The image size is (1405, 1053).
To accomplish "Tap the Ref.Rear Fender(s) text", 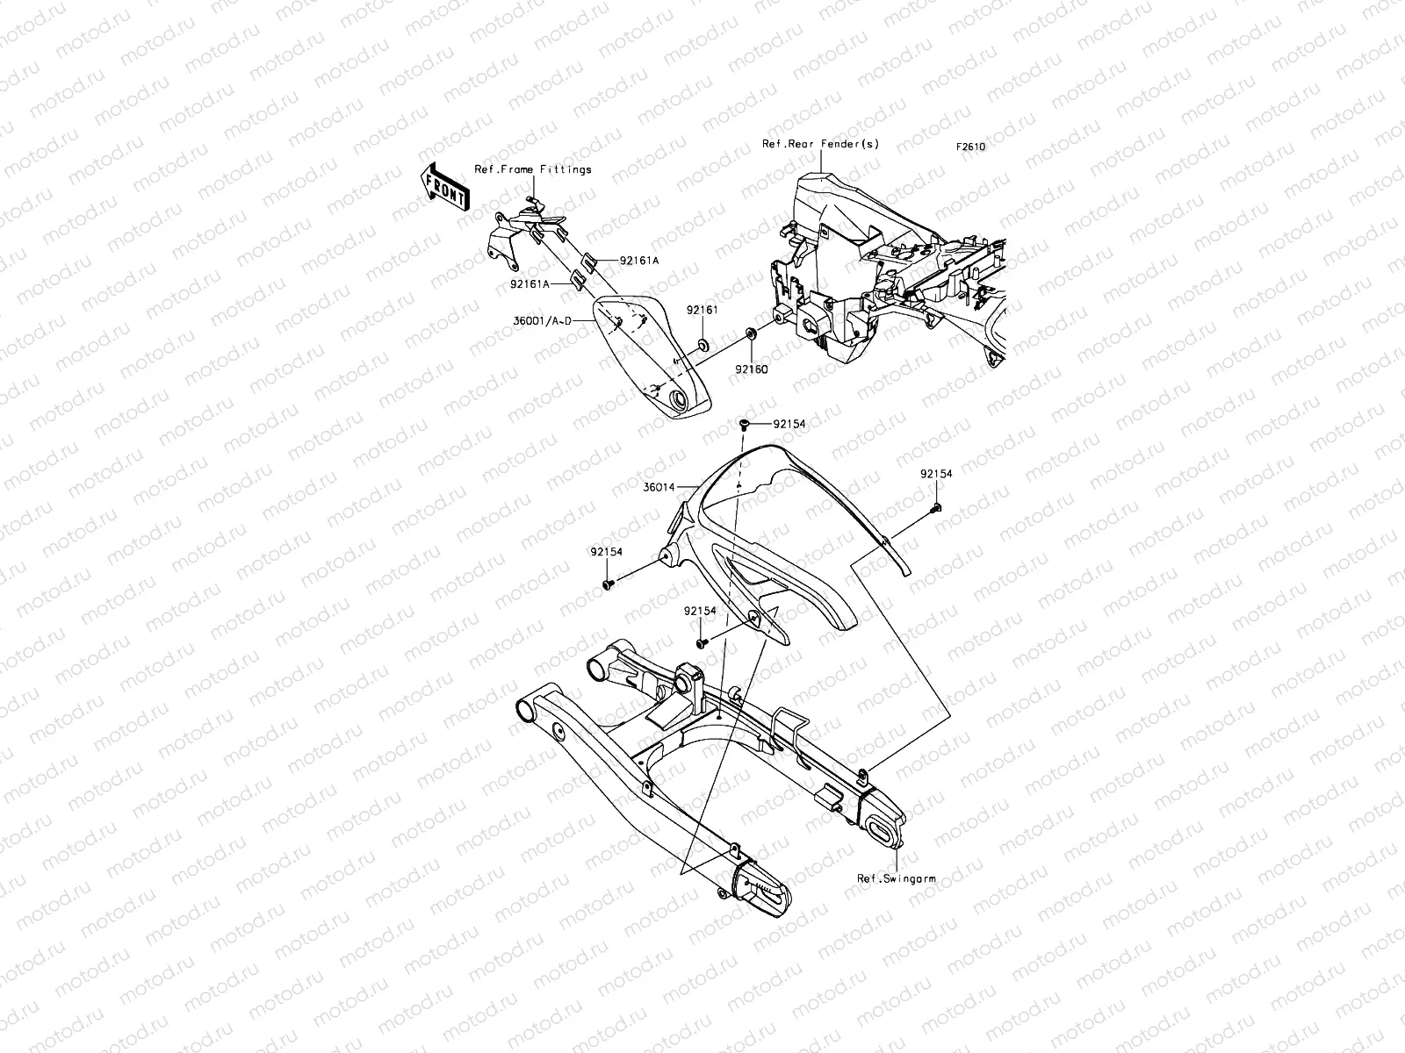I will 821,144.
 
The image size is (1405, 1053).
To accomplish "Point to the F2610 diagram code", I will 971,147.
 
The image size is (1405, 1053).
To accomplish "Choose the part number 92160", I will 752,369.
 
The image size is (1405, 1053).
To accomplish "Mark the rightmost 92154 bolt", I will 936,507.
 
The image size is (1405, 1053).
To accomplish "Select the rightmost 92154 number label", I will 936,474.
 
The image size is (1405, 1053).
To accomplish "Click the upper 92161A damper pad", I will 590,260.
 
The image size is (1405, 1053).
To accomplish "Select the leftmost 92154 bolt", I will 608,582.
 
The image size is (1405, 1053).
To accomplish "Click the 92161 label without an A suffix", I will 702,310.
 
